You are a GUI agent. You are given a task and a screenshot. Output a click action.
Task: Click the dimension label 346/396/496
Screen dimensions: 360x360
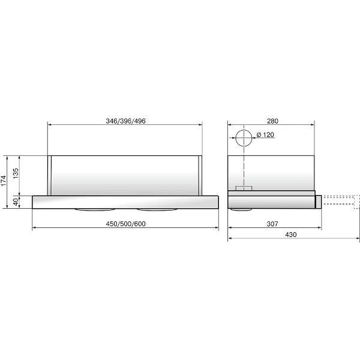click(125, 121)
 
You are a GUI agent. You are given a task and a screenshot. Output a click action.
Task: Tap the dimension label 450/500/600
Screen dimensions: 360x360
click(125, 224)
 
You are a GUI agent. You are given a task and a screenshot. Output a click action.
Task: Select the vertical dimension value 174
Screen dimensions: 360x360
click(4, 181)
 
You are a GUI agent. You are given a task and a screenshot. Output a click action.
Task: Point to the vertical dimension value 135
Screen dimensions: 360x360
click(16, 173)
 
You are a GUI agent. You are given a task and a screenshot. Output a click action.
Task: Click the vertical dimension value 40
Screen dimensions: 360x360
click(16, 202)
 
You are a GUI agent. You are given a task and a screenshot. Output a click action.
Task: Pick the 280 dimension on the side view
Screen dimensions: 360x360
click(272, 121)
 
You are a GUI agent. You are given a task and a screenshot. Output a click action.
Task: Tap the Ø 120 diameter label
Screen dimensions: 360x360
click(265, 135)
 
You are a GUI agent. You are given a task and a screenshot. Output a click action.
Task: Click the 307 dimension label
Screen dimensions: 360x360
click(272, 224)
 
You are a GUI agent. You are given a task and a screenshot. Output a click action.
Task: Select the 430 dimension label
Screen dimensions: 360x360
click(291, 235)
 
